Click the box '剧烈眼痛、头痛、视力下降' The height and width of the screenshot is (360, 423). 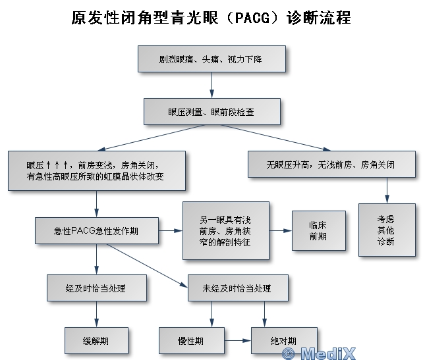click(x=211, y=59)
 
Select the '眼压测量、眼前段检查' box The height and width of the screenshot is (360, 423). click(x=212, y=112)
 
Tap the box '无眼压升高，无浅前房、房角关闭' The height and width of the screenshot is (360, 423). click(x=331, y=164)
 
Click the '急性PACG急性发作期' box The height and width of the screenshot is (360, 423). click(x=97, y=230)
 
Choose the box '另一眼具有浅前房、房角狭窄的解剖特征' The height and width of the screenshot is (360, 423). click(x=226, y=230)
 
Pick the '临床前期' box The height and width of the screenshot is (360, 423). click(x=319, y=230)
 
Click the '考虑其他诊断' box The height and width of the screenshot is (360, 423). click(x=387, y=230)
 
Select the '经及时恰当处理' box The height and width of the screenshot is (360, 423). click(x=97, y=288)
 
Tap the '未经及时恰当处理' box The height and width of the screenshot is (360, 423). click(x=238, y=288)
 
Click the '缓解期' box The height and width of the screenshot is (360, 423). click(x=96, y=341)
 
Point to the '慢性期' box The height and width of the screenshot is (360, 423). click(x=192, y=341)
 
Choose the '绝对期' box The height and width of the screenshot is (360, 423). click(x=284, y=341)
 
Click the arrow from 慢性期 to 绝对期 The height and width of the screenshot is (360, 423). click(x=238, y=341)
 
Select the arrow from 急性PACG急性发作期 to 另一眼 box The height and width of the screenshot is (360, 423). click(x=171, y=230)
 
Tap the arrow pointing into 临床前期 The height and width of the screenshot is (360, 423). click(x=281, y=230)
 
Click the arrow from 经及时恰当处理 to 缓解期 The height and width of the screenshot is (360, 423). click(x=97, y=314)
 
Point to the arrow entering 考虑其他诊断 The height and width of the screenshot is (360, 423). click(x=387, y=190)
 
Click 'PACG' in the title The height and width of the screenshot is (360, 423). click(x=252, y=18)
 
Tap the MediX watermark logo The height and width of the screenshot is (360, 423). click(x=319, y=353)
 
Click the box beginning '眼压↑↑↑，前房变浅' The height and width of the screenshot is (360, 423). click(x=97, y=170)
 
